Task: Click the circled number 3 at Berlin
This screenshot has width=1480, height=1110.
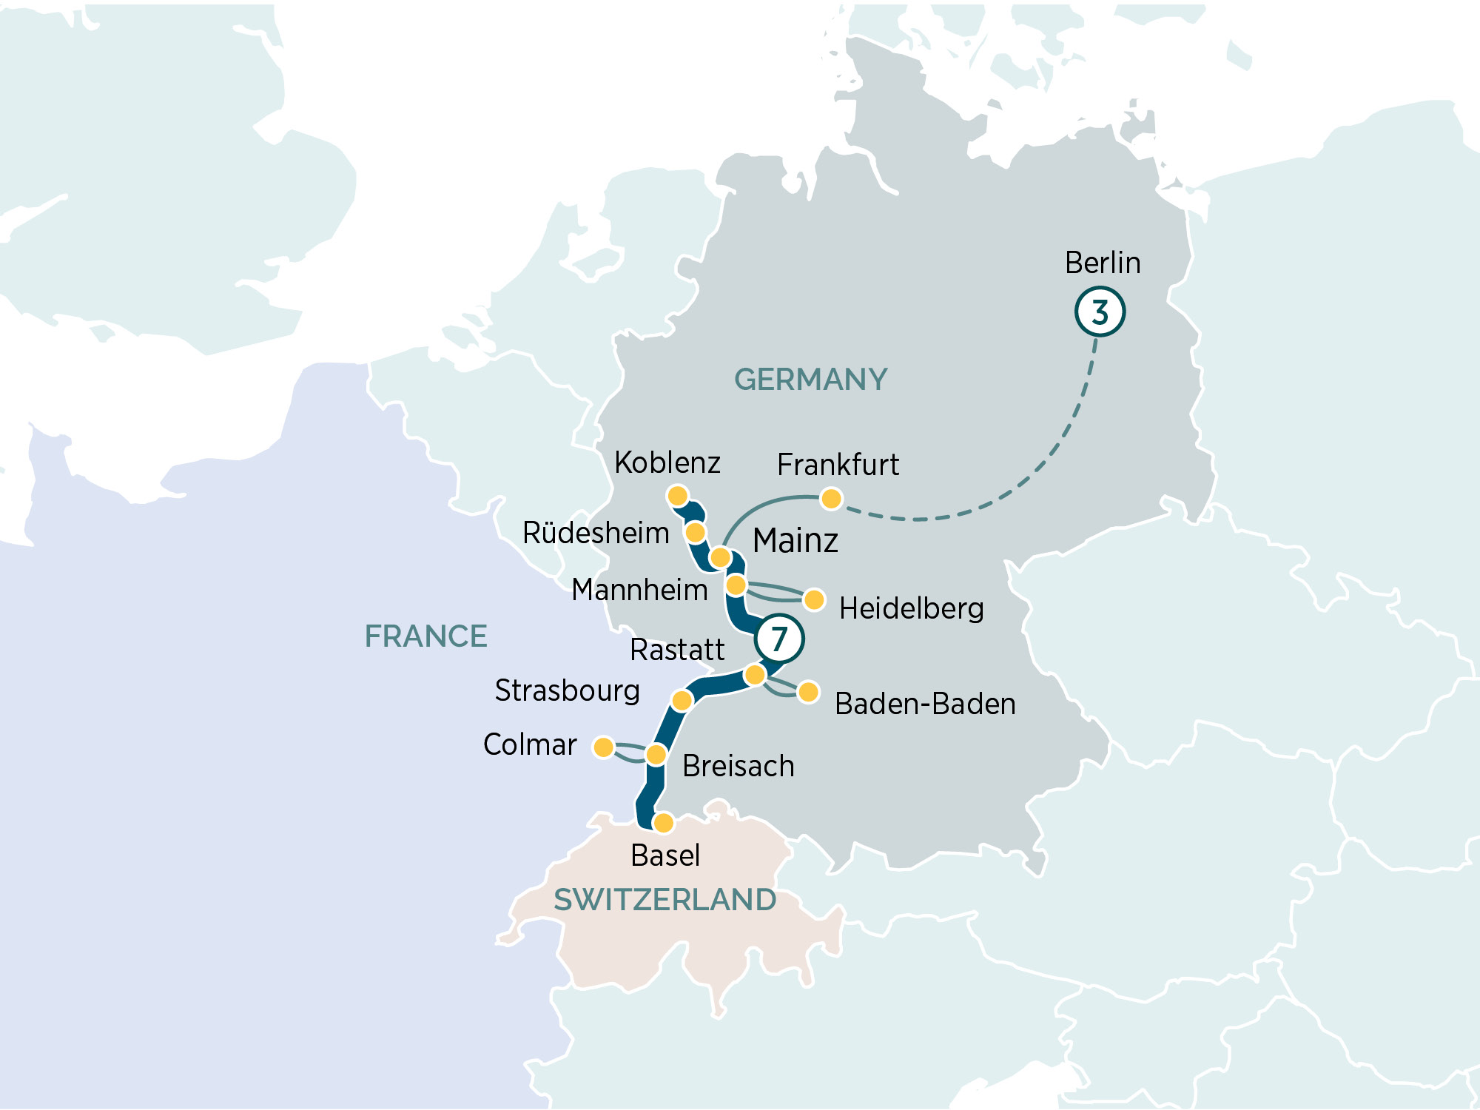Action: (x=1100, y=312)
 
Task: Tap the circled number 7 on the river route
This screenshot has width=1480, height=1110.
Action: (x=779, y=638)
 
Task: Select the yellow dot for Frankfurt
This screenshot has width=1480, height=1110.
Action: (x=831, y=499)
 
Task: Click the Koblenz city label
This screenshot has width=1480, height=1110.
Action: (x=667, y=462)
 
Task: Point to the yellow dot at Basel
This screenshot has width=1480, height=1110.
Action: (x=664, y=822)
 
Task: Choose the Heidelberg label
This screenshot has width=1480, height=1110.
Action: (x=911, y=608)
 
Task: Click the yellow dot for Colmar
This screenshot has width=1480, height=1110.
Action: (x=604, y=747)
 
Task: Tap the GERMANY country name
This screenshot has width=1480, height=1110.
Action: (x=810, y=380)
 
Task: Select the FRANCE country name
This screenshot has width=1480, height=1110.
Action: (x=425, y=636)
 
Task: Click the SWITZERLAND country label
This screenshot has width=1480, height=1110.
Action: (x=665, y=900)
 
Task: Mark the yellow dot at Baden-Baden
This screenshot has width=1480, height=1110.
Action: (x=808, y=692)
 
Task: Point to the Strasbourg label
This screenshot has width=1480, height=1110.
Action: (x=567, y=690)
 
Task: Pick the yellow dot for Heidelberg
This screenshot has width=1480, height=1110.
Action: (x=814, y=599)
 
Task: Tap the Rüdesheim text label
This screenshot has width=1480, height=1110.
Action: (x=596, y=533)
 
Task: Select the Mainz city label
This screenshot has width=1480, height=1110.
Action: (x=795, y=540)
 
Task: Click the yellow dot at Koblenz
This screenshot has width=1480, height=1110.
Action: (x=678, y=496)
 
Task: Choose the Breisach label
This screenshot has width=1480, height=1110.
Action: (x=738, y=766)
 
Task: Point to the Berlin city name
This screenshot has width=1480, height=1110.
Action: (x=1102, y=263)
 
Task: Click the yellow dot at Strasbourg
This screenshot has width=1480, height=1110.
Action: (x=682, y=699)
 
